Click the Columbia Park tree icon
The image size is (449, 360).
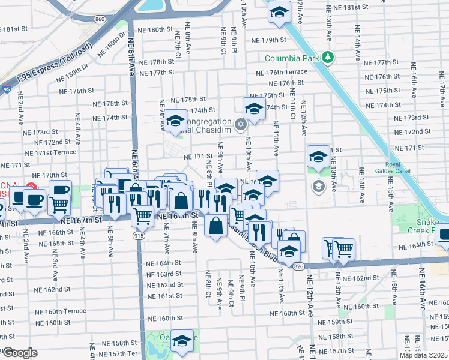pos(328,58)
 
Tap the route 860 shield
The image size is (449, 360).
pos(100,20)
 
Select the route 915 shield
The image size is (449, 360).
pos(139,236)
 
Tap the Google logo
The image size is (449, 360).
pos(20,352)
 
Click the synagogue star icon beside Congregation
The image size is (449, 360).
pos(241,125)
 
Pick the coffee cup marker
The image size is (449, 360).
pos(34,200)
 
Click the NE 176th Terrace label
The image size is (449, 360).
pos(281,73)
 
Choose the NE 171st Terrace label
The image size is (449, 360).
pos(56,152)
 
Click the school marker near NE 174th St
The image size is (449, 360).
pos(254,109)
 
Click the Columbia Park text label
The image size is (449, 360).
pos(292,58)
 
